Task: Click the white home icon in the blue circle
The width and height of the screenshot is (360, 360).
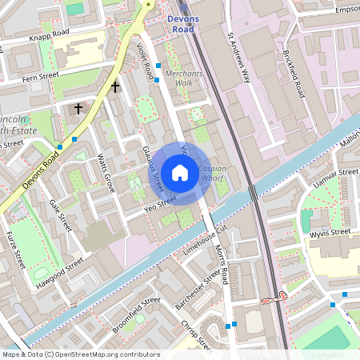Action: (x=180, y=172)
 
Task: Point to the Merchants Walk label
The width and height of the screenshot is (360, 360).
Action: (x=184, y=78)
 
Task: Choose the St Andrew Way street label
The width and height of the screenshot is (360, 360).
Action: (x=238, y=58)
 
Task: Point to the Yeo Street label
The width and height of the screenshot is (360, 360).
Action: (x=159, y=205)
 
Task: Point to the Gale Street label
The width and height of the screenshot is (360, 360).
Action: (x=59, y=215)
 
